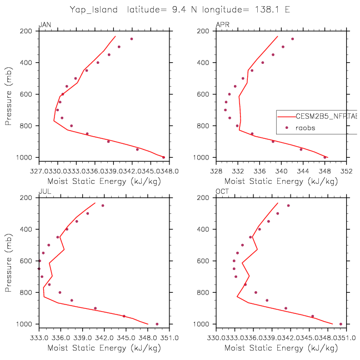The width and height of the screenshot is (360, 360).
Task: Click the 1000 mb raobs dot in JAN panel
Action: coord(163,157)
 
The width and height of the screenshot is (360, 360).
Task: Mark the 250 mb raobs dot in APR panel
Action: coord(292,39)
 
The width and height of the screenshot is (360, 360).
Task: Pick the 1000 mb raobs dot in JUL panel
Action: coord(157,324)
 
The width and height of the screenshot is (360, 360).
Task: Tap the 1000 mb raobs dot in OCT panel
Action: coord(341,324)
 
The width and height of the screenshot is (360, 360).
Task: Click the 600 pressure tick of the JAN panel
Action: coord(29,94)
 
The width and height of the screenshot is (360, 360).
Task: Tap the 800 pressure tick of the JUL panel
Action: coord(29,293)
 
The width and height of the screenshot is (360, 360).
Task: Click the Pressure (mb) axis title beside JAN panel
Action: coord(9,94)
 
